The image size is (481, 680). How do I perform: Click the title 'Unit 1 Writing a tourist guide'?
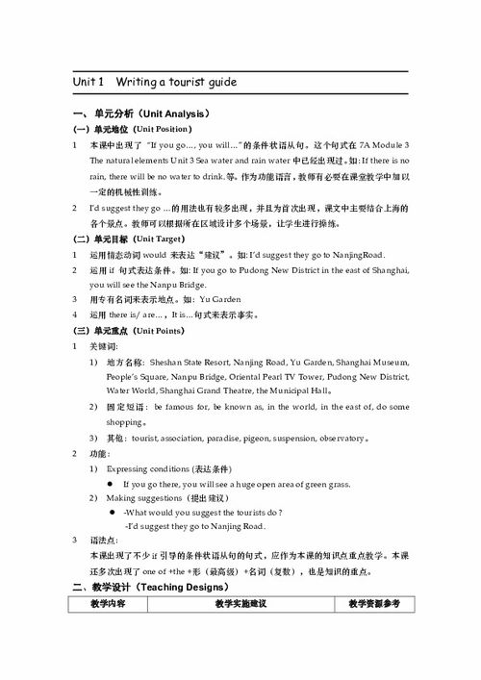coord(155,82)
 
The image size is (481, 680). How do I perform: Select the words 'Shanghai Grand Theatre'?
coord(203,391)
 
